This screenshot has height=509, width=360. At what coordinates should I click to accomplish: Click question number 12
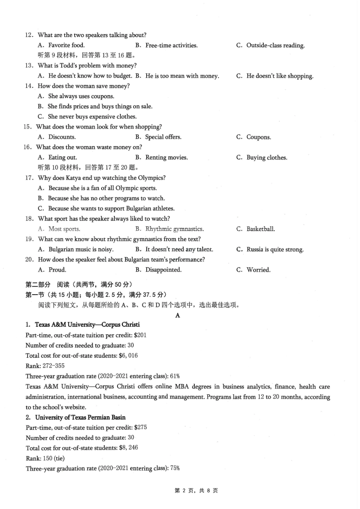click(29, 35)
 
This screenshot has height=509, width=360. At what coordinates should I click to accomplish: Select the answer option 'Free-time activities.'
click(171, 45)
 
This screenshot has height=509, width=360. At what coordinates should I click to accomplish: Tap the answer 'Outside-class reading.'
click(275, 45)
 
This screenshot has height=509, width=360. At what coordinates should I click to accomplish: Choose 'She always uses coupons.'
click(81, 96)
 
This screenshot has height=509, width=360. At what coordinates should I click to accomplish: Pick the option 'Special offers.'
click(163, 137)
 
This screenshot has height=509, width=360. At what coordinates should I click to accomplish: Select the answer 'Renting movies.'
click(166, 158)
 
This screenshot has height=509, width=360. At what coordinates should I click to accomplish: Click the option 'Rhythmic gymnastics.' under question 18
click(174, 229)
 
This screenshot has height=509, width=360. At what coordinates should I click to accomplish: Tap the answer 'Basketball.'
click(261, 229)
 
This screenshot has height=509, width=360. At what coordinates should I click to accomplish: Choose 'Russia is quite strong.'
click(275, 249)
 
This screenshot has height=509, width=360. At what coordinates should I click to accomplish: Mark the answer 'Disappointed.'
click(163, 270)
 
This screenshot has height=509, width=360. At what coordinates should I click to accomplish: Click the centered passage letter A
click(178, 315)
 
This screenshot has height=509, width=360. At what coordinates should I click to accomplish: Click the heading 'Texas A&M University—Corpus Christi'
click(87, 325)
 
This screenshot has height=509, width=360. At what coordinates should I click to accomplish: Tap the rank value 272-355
click(53, 366)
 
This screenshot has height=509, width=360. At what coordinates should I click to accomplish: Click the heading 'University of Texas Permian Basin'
click(80, 417)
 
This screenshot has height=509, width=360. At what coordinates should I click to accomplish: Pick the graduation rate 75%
click(175, 468)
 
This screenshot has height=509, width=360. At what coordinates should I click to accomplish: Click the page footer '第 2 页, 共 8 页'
click(196, 490)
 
